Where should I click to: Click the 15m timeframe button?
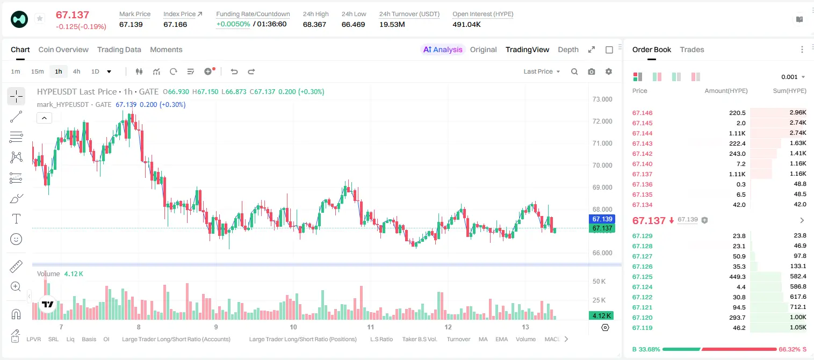[x=37, y=71]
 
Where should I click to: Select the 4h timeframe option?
[x=76, y=71]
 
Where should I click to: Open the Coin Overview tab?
[x=63, y=49]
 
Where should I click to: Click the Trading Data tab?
[x=119, y=49]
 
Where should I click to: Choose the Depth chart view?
[x=568, y=49]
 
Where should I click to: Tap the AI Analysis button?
[x=443, y=49]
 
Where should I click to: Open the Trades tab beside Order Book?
[x=691, y=49]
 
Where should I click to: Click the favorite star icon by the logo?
[x=40, y=18]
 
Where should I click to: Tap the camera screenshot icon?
[x=591, y=71]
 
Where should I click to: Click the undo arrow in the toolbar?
[x=234, y=71]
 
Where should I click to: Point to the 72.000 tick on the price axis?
[x=602, y=121]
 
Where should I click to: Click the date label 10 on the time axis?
[x=293, y=327]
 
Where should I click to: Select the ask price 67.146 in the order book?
[x=642, y=113]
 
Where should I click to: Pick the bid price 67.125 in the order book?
[x=642, y=277]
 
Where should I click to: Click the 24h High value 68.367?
[x=314, y=24]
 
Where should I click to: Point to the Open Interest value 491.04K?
[x=466, y=24]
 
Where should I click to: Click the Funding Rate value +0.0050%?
[x=233, y=24]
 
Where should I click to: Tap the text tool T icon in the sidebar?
[x=16, y=219]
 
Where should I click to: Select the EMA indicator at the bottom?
[x=501, y=339]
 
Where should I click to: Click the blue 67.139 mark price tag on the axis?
[x=602, y=219]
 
